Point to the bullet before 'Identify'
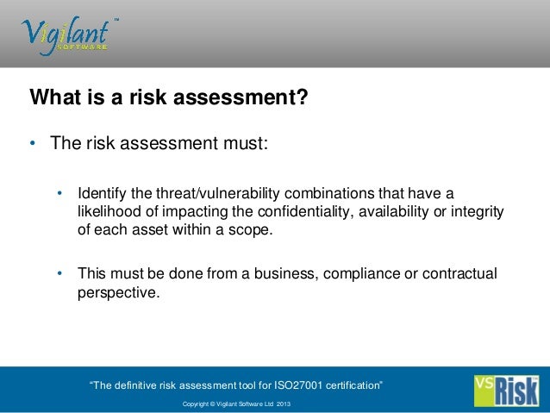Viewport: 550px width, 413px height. click(x=60, y=191)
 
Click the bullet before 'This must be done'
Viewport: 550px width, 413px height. click(x=60, y=274)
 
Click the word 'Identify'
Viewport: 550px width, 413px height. click(x=103, y=191)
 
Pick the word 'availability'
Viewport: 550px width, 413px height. click(x=394, y=211)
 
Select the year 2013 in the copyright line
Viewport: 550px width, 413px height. click(x=283, y=404)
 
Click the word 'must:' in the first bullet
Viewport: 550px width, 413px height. click(x=249, y=143)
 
